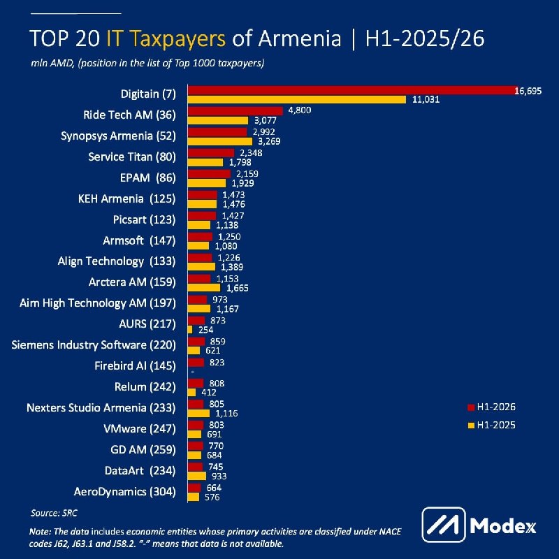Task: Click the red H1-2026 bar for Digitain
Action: click(353, 90)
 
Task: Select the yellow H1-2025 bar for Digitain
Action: click(297, 99)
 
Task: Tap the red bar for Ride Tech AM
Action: click(235, 111)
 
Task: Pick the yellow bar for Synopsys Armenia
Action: click(220, 141)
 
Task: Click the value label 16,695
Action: click(528, 91)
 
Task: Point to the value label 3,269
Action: click(269, 141)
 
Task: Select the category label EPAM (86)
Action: click(148, 177)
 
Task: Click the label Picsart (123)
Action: click(145, 219)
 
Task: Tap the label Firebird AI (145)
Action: click(135, 365)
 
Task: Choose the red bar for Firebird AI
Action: click(196, 363)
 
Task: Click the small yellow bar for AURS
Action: click(190, 330)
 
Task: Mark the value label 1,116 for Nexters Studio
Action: click(226, 414)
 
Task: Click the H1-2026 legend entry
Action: click(492, 407)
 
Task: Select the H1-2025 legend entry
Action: click(492, 425)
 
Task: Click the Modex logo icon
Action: click(444, 525)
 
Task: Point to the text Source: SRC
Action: click(54, 513)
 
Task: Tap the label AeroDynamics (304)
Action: click(125, 492)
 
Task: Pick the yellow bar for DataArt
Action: click(197, 477)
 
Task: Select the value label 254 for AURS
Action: click(205, 330)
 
